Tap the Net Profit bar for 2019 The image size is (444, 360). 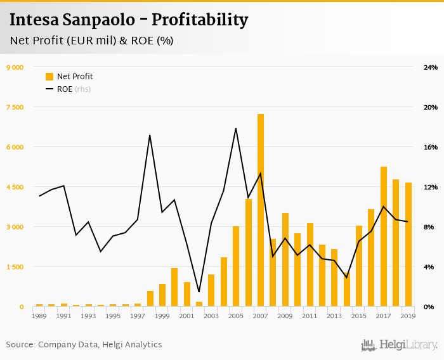408,245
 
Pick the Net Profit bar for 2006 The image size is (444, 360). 249,253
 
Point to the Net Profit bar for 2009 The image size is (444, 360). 285,260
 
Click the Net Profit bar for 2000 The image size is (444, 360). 174,288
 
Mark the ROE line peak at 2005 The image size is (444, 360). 236,129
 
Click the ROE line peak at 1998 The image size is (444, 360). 150,136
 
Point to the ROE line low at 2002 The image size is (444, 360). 199,292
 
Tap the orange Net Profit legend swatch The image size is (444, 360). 49,77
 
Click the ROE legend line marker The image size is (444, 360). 49,89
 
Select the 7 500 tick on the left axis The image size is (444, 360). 15,107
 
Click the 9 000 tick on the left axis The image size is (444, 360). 15,67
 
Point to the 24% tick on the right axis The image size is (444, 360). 431,67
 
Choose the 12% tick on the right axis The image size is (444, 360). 431,187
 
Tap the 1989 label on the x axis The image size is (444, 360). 39,316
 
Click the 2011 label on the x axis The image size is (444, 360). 310,316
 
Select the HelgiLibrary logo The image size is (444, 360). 399,345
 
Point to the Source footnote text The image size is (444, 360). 84,345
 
